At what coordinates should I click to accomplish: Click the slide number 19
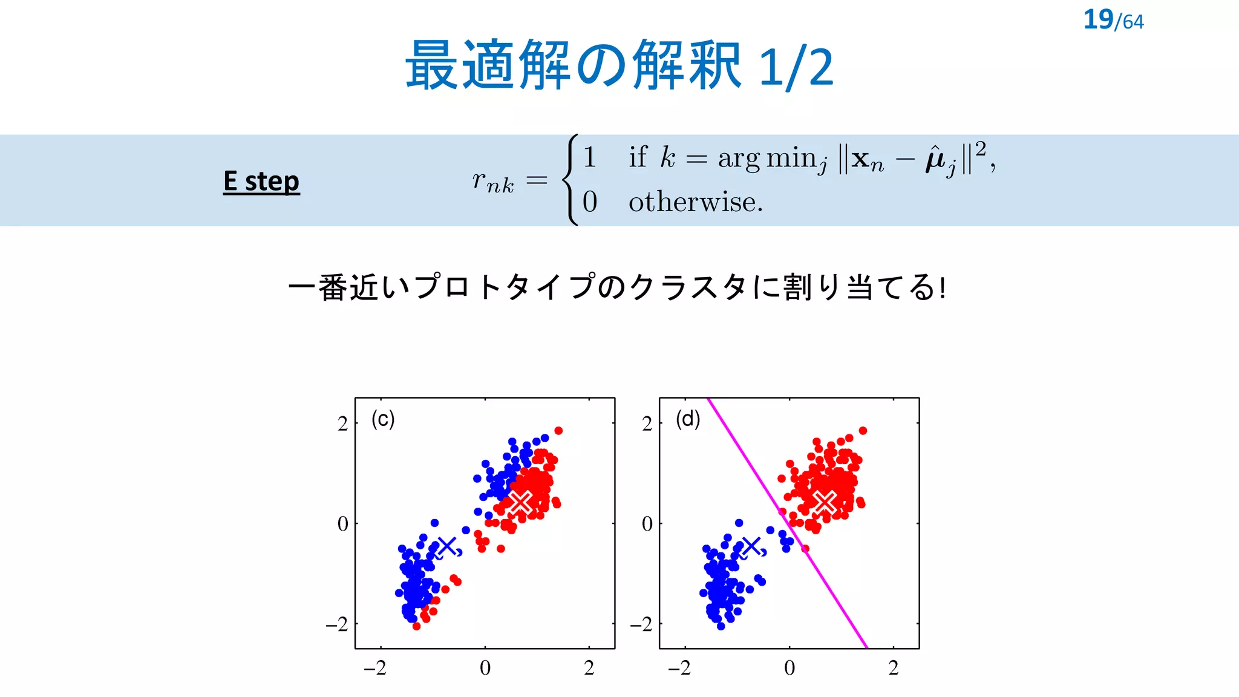(x=1097, y=19)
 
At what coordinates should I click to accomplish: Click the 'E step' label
(x=261, y=181)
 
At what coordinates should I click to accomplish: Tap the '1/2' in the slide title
(x=796, y=67)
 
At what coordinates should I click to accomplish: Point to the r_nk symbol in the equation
(x=493, y=181)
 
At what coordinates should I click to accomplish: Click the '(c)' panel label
(x=383, y=419)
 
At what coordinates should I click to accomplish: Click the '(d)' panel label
(x=688, y=419)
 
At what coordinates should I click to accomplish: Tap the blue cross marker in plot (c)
(x=446, y=546)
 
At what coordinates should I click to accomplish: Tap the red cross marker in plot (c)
(x=520, y=502)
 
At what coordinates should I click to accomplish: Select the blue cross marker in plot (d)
(x=751, y=546)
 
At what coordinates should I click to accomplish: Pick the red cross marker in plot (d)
(x=825, y=502)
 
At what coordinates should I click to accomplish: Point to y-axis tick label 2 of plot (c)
(x=343, y=424)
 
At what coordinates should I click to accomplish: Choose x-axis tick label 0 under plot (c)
(x=485, y=668)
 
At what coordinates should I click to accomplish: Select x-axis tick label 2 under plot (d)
(x=894, y=668)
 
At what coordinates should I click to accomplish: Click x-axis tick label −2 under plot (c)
(x=375, y=668)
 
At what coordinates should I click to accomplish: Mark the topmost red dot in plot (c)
(x=558, y=431)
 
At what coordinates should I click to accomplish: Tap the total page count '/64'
(x=1129, y=22)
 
